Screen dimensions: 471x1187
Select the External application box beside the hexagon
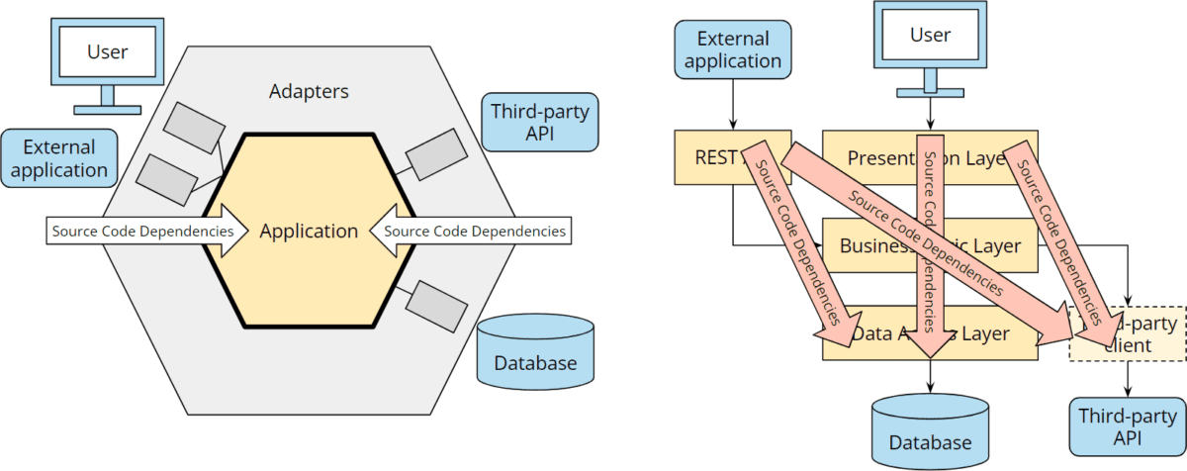59,158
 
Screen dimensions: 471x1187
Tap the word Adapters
309,92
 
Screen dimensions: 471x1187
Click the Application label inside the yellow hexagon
309,232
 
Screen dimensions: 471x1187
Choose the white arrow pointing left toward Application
471,232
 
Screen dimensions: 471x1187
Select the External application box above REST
733,49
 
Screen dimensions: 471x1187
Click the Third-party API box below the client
1128,426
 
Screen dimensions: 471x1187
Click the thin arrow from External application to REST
733,104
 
